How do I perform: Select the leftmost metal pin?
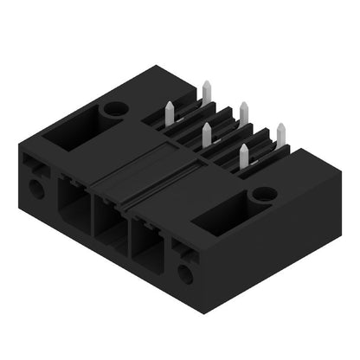coord(169,110)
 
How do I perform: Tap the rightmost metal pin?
coord(280,132)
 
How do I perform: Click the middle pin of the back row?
coord(244,110)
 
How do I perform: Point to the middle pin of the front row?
coord(207,132)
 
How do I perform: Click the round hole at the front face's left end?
coord(35,188)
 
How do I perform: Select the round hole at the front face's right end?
coord(184,275)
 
